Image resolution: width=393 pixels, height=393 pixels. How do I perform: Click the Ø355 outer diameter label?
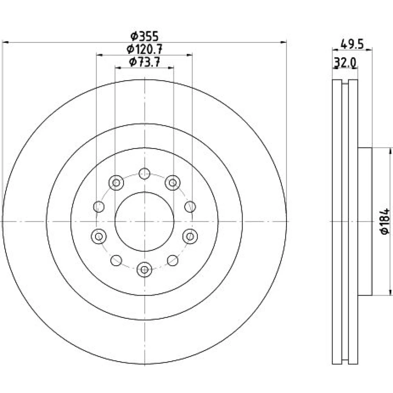(x=145, y=37)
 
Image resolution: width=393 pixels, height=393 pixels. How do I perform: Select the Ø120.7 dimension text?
(x=145, y=49)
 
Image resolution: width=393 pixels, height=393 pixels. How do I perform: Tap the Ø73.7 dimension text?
(x=145, y=62)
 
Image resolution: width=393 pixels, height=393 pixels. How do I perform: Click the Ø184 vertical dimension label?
(x=385, y=221)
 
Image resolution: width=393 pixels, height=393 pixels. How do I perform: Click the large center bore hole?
(x=144, y=222)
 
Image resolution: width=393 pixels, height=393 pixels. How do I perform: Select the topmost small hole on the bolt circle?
(x=144, y=173)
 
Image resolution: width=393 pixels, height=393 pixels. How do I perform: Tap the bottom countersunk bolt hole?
(x=144, y=270)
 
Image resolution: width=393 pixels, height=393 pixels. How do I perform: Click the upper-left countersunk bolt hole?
(x=116, y=183)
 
